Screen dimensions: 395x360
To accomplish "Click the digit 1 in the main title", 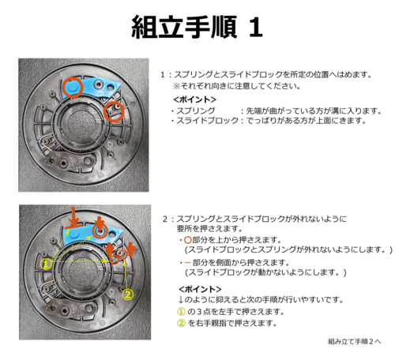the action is [x=255, y=28].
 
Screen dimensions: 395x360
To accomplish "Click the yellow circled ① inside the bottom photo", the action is [x=46, y=264].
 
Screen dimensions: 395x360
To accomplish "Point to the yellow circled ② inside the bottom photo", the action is [x=128, y=294].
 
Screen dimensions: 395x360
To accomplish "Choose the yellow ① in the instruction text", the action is [x=182, y=312].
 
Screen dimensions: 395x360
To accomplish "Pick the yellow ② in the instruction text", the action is [x=182, y=323].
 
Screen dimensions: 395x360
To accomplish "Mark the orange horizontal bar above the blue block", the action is [x=73, y=227].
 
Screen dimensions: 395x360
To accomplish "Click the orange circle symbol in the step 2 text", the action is [x=188, y=240].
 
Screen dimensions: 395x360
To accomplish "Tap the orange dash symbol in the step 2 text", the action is [x=187, y=262].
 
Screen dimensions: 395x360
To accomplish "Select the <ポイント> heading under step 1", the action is [x=195, y=99].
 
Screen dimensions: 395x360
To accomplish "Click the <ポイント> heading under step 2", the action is [x=200, y=289].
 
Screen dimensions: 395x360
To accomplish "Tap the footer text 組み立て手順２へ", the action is [x=355, y=342].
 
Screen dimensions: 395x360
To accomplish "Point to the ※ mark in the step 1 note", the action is [x=176, y=86].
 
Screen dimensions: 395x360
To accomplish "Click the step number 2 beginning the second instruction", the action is [x=165, y=219].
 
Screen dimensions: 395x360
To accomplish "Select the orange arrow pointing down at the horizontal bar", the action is [x=75, y=216].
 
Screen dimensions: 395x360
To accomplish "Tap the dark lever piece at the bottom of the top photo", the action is [x=70, y=161].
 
